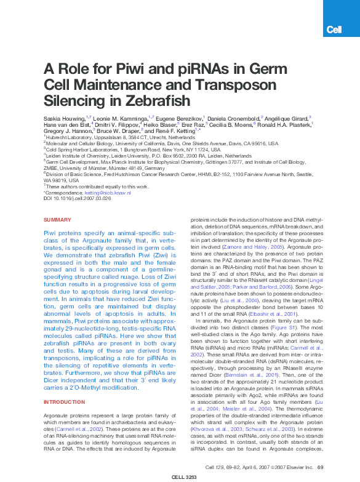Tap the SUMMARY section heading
tap(57, 220)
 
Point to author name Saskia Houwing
tap(64, 117)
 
